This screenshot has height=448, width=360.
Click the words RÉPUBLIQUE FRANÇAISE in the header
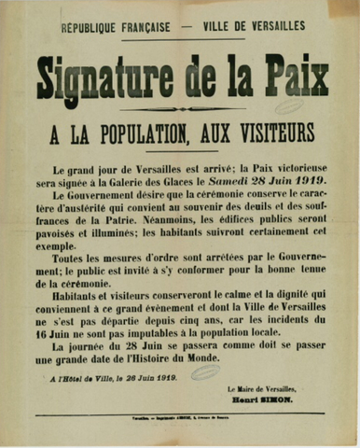116,28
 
